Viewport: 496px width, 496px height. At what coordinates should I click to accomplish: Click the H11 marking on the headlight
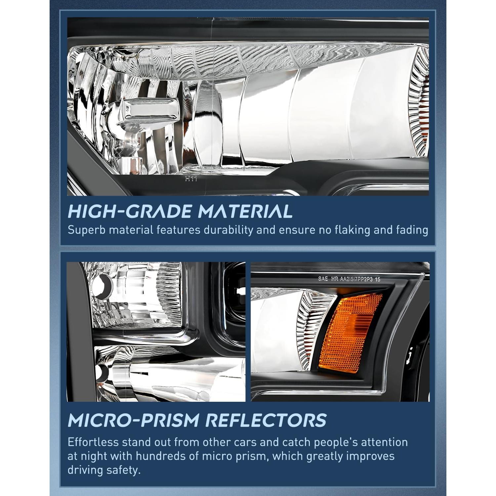(191, 179)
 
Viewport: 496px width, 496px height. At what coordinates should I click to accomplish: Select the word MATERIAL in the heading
(245, 211)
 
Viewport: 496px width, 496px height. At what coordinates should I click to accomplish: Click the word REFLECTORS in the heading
(266, 420)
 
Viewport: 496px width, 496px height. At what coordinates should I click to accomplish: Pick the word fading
(412, 230)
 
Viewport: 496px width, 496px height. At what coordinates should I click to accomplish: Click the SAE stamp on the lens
(323, 279)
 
